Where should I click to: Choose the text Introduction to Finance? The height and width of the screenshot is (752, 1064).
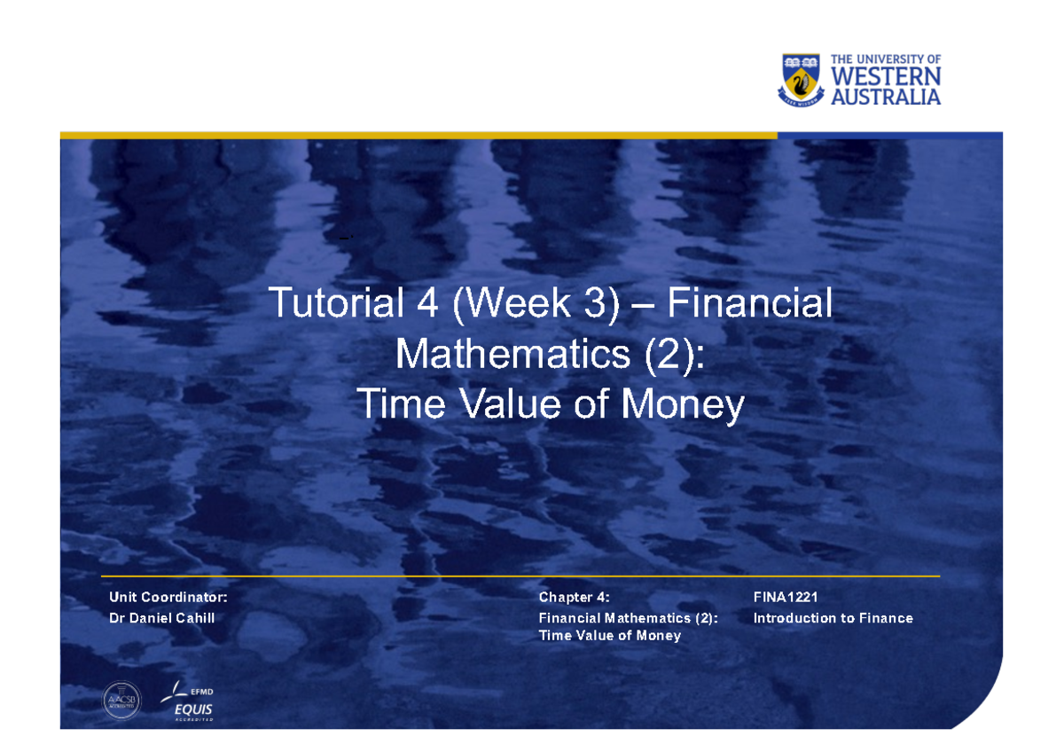pos(833,618)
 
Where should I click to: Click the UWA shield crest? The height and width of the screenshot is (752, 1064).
pos(802,79)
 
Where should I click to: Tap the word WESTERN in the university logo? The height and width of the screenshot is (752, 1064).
pos(886,78)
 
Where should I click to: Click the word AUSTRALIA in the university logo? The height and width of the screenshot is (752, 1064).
pos(886,97)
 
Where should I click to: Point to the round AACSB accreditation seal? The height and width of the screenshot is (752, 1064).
pos(122,701)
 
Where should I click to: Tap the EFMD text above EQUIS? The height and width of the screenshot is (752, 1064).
pos(201,692)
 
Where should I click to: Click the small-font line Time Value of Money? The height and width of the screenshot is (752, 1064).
pos(610,635)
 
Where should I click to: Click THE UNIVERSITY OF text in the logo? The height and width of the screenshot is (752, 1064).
pos(886,59)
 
